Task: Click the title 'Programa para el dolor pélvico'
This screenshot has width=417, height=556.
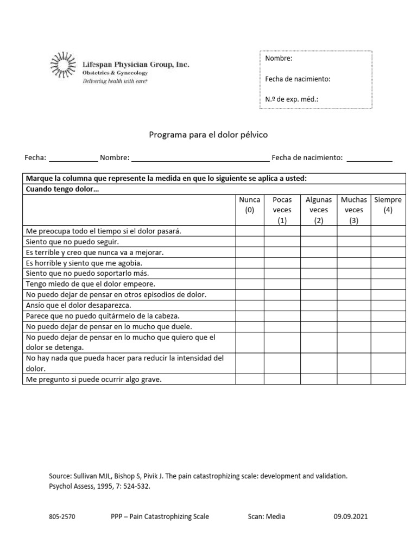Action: pos(208,134)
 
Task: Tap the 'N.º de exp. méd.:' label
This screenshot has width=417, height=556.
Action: pos(292,99)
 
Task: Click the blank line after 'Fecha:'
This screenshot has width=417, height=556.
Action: pos(73,158)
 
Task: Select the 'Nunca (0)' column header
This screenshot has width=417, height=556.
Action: pos(250,205)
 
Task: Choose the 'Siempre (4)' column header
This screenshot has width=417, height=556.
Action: pos(388,205)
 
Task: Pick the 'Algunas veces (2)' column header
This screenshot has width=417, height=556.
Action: pos(319,210)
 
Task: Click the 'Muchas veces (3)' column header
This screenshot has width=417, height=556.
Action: pos(354,210)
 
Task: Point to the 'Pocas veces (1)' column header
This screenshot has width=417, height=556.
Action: pos(282,210)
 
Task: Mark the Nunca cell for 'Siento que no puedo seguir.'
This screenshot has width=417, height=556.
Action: pos(250,242)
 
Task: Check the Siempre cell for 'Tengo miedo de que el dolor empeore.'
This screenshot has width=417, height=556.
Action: pos(388,283)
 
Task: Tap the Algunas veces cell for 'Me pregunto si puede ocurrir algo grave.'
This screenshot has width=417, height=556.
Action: pos(319,380)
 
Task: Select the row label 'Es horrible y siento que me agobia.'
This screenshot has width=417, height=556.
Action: pos(84,263)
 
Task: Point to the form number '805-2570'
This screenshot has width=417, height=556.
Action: pos(62,517)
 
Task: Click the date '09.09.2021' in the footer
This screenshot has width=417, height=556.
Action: pos(350,517)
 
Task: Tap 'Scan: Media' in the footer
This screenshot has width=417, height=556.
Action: pos(266,517)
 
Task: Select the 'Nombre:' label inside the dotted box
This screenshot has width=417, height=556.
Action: pos(279,59)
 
